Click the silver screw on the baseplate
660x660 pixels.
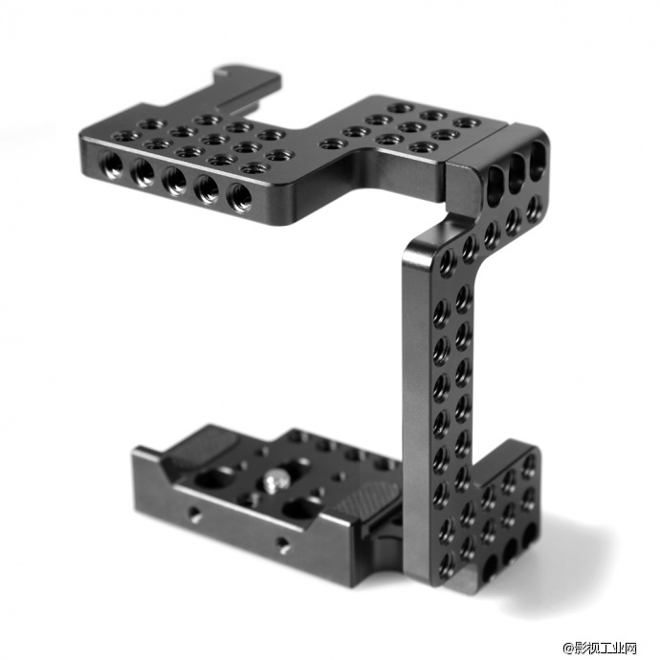point(273,481)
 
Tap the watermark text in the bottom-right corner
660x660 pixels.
point(601,648)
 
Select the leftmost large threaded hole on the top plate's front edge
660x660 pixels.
point(111,164)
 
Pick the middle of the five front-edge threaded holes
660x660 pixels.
point(175,181)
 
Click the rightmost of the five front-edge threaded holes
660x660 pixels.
point(239,197)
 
